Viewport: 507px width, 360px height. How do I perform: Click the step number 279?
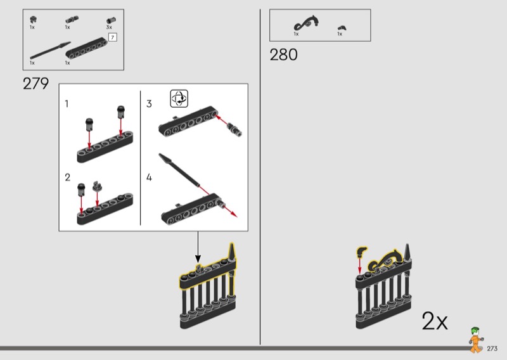(x=35, y=84)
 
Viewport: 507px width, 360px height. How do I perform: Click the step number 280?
(x=283, y=55)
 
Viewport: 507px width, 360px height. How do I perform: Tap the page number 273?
(x=492, y=349)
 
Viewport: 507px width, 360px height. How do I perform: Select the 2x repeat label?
(x=435, y=321)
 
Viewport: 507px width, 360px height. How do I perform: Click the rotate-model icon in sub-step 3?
(x=179, y=99)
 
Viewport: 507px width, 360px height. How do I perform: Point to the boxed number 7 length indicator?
(x=112, y=37)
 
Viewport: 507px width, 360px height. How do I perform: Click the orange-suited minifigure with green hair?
(x=475, y=340)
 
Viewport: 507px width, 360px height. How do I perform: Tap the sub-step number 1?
(x=67, y=104)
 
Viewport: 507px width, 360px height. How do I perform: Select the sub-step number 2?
(x=67, y=177)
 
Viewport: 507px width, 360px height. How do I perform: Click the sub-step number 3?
(x=149, y=104)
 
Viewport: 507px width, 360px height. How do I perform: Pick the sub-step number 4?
(x=149, y=177)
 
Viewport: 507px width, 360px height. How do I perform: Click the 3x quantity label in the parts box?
(x=109, y=27)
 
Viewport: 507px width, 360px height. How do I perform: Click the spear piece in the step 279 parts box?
(x=50, y=51)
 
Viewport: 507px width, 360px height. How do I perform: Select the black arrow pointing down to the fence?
(x=198, y=247)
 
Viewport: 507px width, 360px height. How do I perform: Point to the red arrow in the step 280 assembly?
(x=359, y=264)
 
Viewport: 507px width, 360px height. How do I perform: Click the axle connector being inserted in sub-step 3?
(x=234, y=129)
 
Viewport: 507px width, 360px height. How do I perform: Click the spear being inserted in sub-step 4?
(x=179, y=170)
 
